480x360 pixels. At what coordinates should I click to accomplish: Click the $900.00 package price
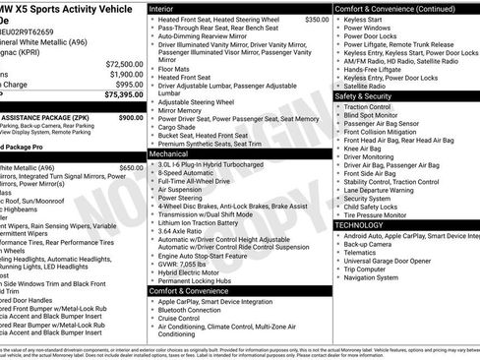click(130, 117)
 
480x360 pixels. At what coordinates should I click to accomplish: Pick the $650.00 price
click(130, 168)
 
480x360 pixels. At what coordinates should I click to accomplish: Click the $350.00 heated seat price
click(317, 19)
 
